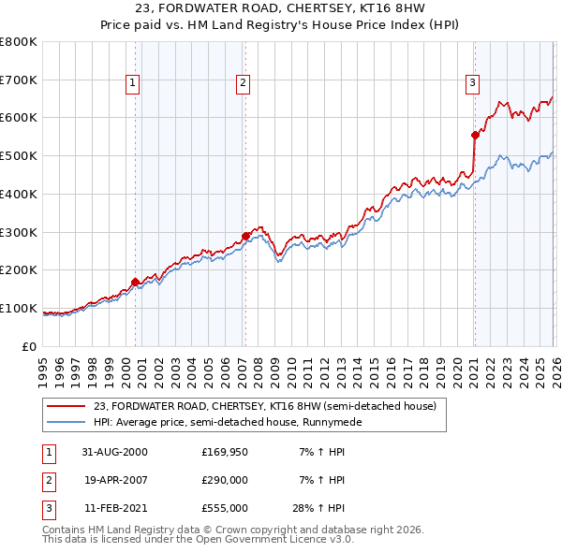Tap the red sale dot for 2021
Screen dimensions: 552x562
coord(475,135)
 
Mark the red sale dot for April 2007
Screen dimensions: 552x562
coord(245,236)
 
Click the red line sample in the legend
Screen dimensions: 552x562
coord(67,406)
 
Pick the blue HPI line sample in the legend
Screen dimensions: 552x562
coord(67,422)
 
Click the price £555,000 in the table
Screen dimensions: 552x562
coord(225,508)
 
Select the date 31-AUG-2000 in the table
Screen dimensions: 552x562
coord(114,452)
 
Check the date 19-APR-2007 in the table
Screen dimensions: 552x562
coord(114,480)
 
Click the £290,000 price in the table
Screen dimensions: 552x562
coord(225,480)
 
